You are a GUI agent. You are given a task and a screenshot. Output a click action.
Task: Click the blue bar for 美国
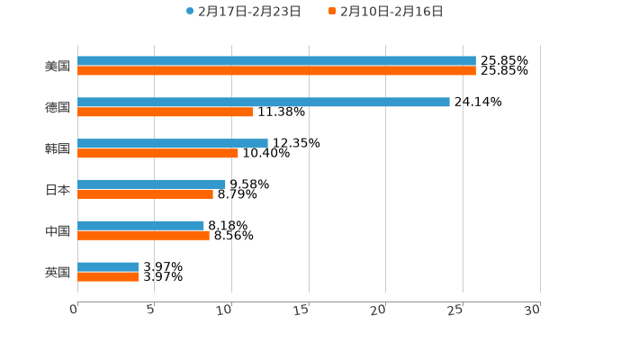click(276, 61)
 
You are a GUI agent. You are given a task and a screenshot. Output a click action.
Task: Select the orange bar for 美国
click(276, 71)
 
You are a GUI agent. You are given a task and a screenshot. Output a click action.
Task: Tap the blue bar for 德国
click(264, 103)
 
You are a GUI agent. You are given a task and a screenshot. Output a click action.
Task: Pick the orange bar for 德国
click(165, 112)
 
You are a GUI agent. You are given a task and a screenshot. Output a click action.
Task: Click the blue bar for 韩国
click(173, 143)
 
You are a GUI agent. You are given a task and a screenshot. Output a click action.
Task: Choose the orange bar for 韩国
click(157, 154)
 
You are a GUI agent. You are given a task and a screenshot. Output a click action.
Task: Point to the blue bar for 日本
click(151, 184)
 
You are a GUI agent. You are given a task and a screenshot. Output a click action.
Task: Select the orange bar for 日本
click(145, 194)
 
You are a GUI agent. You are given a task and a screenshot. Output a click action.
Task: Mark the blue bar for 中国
click(140, 226)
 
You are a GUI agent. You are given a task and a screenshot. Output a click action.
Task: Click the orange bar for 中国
click(143, 236)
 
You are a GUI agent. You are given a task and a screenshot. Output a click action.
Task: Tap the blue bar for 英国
click(108, 267)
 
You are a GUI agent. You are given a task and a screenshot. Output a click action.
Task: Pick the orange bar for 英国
click(108, 277)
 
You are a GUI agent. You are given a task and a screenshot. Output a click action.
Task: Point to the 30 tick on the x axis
click(533, 310)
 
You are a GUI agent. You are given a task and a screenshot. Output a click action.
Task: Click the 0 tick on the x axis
click(74, 310)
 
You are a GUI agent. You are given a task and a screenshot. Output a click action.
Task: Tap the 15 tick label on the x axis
click(302, 310)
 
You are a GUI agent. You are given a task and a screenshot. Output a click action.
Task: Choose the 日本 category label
click(58, 190)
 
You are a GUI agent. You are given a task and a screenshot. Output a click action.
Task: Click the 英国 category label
click(58, 273)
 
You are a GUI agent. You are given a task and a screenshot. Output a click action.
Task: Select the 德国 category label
click(58, 108)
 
